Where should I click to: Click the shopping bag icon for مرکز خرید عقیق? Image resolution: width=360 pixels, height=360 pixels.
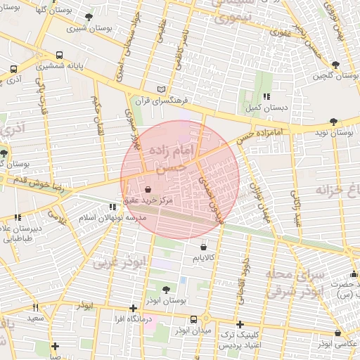pos(148,189)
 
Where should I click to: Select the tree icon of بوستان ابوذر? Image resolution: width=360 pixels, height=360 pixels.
pos(166,289)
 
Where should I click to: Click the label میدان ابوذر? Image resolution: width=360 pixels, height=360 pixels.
pos(189,330)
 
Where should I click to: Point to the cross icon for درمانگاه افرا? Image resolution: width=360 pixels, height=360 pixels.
pos(133,308)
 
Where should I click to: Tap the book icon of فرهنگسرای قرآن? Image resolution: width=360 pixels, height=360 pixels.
pos(162,89)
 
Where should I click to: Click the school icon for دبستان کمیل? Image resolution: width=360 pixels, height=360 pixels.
pos(265,96)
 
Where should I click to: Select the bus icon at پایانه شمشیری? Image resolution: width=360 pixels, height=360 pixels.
pos(58,55)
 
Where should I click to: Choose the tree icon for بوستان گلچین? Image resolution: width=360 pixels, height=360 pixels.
pos(335,65)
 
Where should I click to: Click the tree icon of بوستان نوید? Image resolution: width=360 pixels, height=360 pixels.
pos(333,122)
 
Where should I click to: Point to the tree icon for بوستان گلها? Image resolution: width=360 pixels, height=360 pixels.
pos(89,17)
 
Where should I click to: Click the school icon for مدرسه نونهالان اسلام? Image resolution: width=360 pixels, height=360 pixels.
pos(112,207)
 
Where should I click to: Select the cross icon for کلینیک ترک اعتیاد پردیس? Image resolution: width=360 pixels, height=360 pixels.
pos(240,324)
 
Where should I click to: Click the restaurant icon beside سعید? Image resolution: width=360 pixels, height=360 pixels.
pos(35,307)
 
